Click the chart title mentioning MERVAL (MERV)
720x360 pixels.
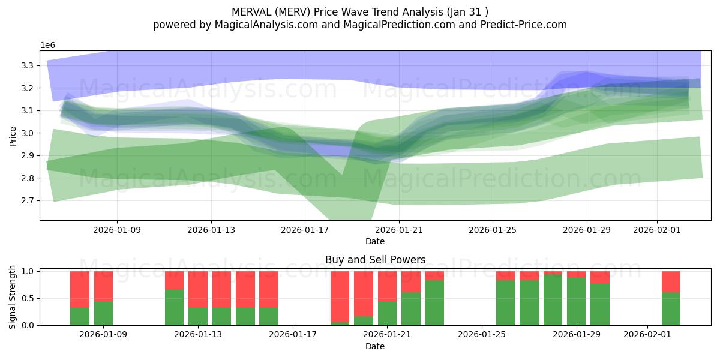(359, 11)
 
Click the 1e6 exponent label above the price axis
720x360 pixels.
(49, 46)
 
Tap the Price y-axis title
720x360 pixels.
(13, 136)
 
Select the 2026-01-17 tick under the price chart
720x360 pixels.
(305, 229)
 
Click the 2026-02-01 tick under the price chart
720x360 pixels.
(657, 229)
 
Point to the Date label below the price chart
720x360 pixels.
(375, 241)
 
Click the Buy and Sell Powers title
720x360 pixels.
(375, 260)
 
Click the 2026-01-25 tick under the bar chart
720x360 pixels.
(482, 334)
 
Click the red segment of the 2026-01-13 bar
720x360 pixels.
(198, 289)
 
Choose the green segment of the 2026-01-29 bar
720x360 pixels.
(576, 301)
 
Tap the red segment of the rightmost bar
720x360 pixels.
(671, 281)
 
